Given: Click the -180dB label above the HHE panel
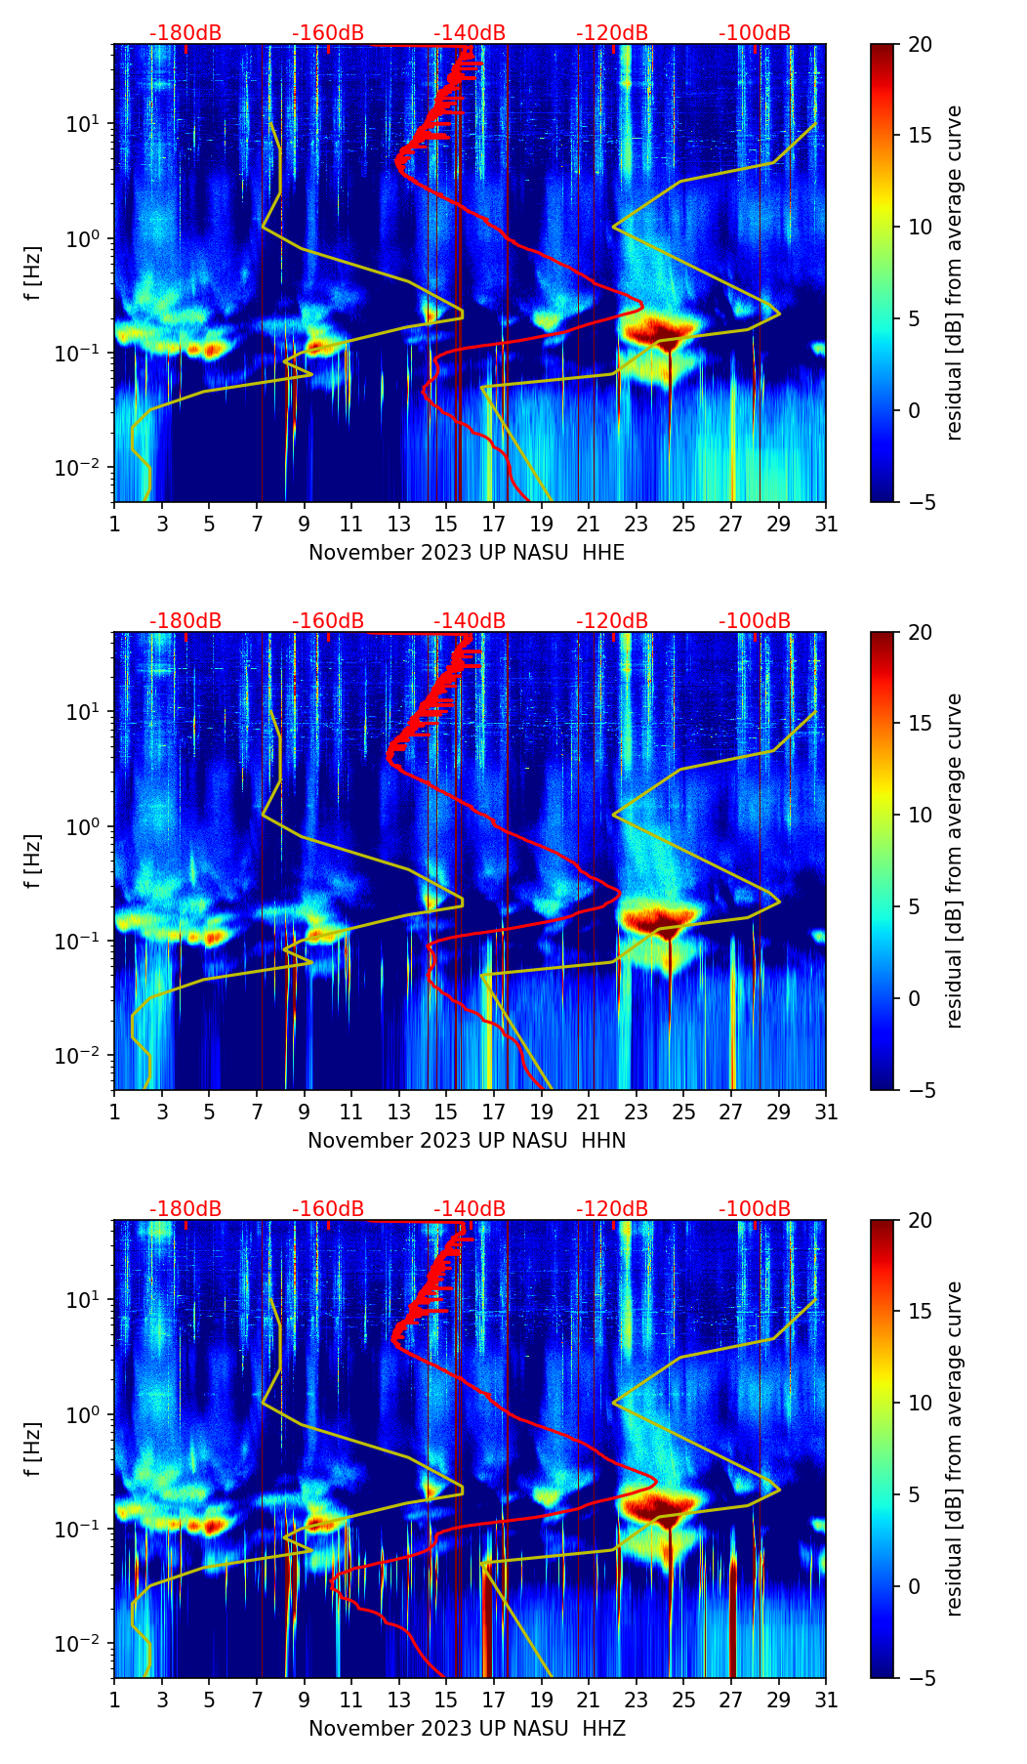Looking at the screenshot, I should pyautogui.click(x=185, y=33).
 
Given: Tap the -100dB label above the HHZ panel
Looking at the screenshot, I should pyautogui.click(x=755, y=1209).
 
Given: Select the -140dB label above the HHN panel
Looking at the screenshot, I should pyautogui.click(x=470, y=621).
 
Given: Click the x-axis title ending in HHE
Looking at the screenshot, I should pyautogui.click(x=467, y=553).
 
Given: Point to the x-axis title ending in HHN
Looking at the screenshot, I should pyautogui.click(x=467, y=1141).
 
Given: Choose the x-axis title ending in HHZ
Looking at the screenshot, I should pyautogui.click(x=467, y=1729).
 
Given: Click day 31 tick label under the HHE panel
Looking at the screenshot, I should pyautogui.click(x=826, y=525).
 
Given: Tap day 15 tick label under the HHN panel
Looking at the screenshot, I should pyautogui.click(x=446, y=1113).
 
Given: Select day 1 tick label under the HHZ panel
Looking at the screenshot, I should pyautogui.click(x=115, y=1701).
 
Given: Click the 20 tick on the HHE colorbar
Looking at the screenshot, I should pyautogui.click(x=920, y=45).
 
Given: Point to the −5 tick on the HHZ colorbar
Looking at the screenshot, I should pyautogui.click(x=920, y=1678).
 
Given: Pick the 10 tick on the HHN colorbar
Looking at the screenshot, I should pyautogui.click(x=920, y=816).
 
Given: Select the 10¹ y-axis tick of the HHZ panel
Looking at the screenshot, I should pyautogui.click(x=88, y=1300).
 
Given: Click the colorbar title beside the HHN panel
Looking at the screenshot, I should pyautogui.click(x=955, y=861).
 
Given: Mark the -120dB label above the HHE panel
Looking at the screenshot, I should pyautogui.click(x=612, y=33).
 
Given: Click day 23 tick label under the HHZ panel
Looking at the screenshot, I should pyautogui.click(x=637, y=1701).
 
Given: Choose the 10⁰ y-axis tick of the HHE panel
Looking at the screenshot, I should pyautogui.click(x=88, y=239).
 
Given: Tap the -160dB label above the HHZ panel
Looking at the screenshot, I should pyautogui.click(x=328, y=1209).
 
